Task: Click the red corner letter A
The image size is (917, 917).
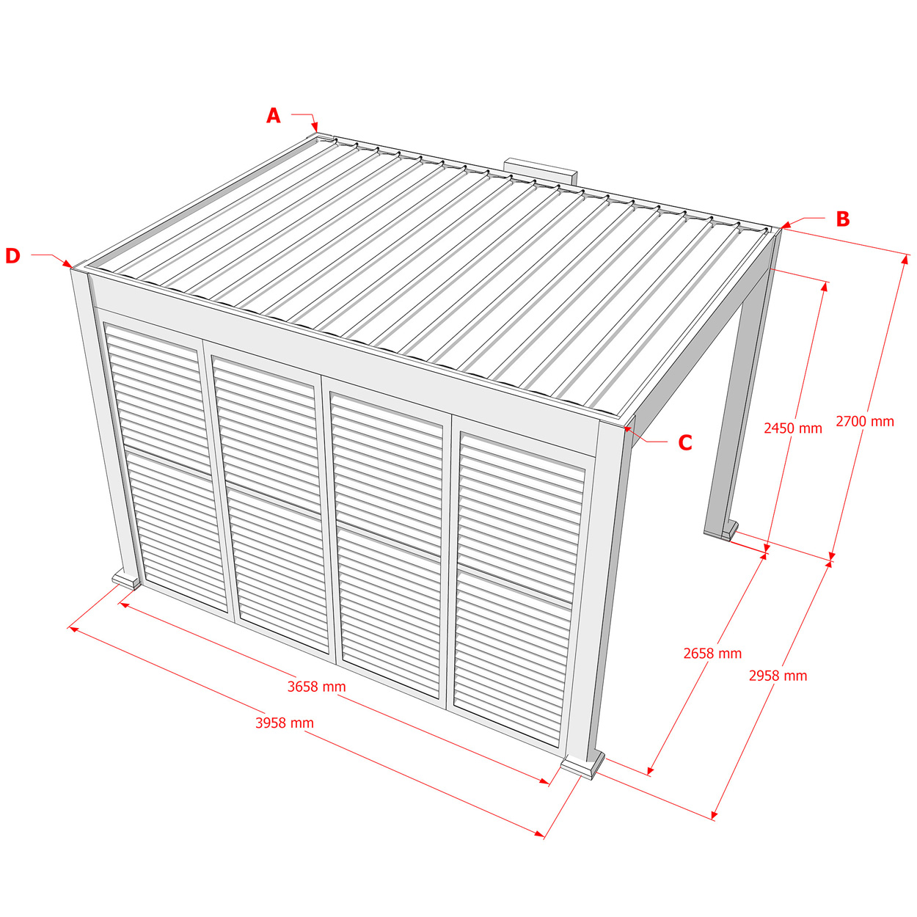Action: [273, 116]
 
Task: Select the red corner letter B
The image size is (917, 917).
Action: [843, 219]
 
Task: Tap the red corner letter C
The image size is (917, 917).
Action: [684, 442]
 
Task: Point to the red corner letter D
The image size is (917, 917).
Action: [13, 256]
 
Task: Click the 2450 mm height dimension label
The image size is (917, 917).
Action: [793, 428]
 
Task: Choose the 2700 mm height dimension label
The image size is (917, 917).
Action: [865, 421]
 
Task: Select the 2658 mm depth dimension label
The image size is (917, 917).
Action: [712, 654]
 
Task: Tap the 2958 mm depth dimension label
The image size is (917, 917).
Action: [778, 676]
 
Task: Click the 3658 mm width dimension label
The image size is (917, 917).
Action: [316, 687]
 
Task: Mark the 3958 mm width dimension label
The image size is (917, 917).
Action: [285, 723]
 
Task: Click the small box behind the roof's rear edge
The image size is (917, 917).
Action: [541, 171]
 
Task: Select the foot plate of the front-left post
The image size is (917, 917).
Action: [126, 580]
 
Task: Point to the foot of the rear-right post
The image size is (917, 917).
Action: [729, 529]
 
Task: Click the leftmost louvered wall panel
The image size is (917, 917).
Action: [166, 467]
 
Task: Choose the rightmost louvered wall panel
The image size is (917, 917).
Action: [519, 590]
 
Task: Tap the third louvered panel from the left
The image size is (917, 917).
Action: [387, 547]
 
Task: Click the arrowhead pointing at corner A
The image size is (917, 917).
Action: [315, 127]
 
